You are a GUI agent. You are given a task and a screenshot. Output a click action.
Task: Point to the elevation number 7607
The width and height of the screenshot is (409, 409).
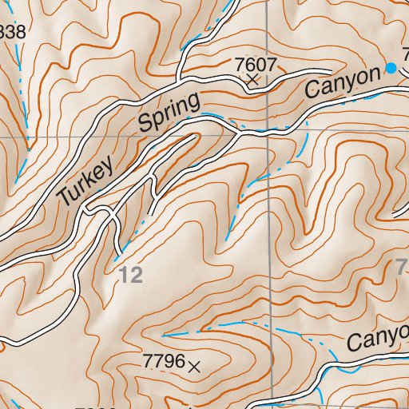(x=252, y=63)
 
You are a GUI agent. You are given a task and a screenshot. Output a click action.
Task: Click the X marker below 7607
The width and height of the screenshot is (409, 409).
(x=252, y=80)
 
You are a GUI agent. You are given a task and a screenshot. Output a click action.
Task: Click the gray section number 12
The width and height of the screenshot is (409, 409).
(x=132, y=276)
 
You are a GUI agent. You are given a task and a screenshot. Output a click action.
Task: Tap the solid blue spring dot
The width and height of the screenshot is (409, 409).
(x=391, y=68)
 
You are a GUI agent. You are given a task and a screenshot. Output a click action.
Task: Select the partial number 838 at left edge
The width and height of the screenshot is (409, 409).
(x=12, y=33)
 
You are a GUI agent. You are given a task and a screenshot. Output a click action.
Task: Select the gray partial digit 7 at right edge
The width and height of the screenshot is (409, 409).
(x=402, y=269)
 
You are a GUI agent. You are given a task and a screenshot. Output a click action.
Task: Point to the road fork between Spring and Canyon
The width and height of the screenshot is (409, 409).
(x=236, y=129)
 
